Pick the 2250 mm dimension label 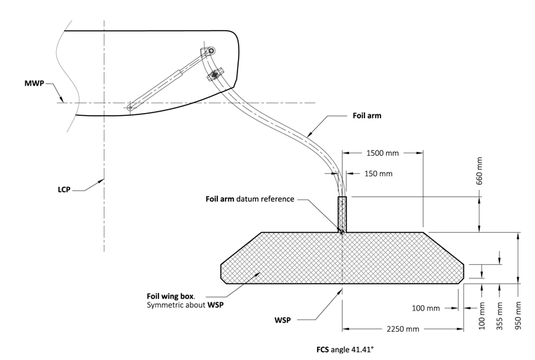coord(400,329)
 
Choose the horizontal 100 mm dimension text coord(425,308)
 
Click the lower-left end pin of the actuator coord(128,106)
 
